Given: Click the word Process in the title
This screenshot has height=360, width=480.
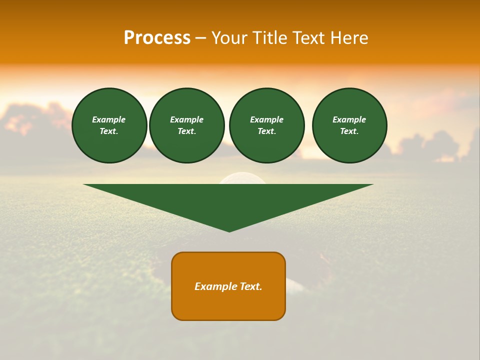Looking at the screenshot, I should click(157, 38).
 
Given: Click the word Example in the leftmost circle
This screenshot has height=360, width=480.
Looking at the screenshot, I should click(109, 119).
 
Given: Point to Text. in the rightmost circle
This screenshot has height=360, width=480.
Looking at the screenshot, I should click(349, 131).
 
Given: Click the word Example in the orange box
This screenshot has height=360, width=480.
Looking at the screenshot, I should click(215, 286).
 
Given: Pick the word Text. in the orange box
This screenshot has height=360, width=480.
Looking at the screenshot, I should click(250, 286).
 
